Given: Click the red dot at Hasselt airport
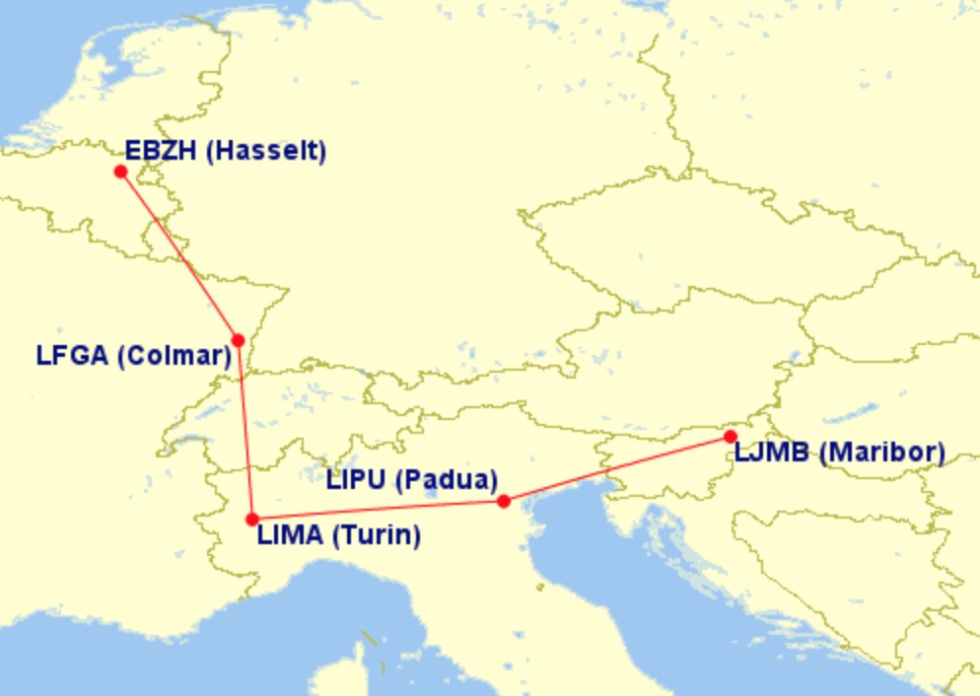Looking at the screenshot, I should pyautogui.click(x=120, y=172).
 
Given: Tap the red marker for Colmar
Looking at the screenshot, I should pyautogui.click(x=238, y=340).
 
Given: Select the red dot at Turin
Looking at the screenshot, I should pyautogui.click(x=252, y=519).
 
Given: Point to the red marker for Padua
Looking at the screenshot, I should pyautogui.click(x=504, y=502).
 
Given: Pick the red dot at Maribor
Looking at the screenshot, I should pyautogui.click(x=731, y=437).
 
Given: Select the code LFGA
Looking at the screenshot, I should pyautogui.click(x=72, y=356).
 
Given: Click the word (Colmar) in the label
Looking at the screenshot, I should pyautogui.click(x=174, y=356).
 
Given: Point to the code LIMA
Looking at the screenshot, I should pyautogui.click(x=290, y=536).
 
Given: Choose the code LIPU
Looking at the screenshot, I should pyautogui.click(x=356, y=481).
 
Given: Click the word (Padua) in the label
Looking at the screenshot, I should pyautogui.click(x=446, y=481).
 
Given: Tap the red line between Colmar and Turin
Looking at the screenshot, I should pyautogui.click(x=245, y=430).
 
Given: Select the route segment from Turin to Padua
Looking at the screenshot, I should pyautogui.click(x=379, y=511).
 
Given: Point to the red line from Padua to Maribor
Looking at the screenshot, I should pyautogui.click(x=617, y=469).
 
